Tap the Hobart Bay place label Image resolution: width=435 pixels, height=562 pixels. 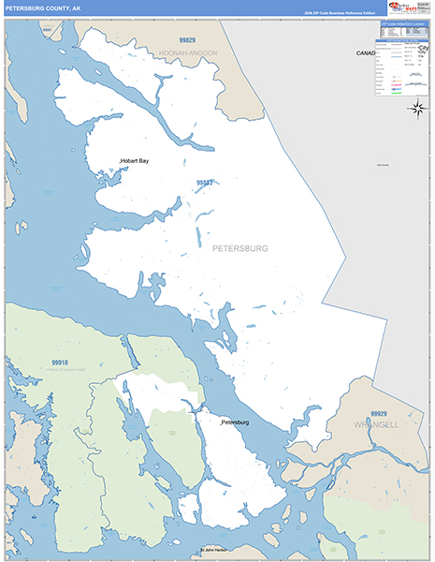coord(135,161)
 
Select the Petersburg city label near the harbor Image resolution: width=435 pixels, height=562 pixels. coord(236,423)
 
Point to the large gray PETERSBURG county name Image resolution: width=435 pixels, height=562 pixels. coord(240,248)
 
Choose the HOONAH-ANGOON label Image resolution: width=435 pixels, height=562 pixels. coord(188,53)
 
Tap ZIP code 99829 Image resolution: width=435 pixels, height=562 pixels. coord(189,41)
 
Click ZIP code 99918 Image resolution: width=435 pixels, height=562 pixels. coord(60,362)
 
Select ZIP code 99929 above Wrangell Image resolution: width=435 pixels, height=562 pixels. coord(378,413)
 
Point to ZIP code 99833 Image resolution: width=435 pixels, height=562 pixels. coord(204,183)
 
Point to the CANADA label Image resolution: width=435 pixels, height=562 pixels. coord(366,53)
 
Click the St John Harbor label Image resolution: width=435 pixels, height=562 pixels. coord(214,550)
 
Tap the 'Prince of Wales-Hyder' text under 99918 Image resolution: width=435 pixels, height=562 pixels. coord(60,369)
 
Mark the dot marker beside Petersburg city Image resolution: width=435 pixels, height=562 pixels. coord(221,426)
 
